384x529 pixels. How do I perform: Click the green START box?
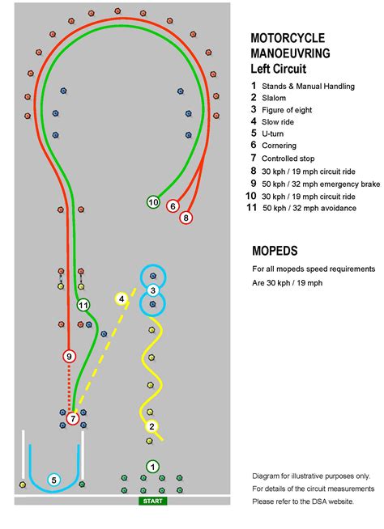152,501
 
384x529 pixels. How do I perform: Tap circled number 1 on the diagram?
152,467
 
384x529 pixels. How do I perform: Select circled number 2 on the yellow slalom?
151,426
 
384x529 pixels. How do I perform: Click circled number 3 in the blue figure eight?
153,290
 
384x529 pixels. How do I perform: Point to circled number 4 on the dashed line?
122,299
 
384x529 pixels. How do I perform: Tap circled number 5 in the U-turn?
53,480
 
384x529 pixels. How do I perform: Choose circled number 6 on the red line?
173,206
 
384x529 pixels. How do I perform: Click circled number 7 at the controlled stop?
73,418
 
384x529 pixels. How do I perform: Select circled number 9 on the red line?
69,356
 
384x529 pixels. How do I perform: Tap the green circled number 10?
153,201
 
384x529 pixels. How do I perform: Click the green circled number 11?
83,305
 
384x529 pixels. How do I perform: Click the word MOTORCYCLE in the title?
288,38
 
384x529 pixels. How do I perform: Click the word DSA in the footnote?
322,501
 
